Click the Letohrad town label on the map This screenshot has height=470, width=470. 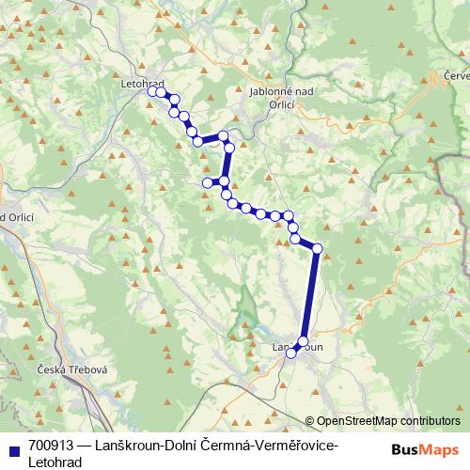[x=143, y=84]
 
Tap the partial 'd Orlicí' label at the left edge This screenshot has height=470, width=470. [x=17, y=217]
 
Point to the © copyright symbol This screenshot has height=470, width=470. [x=310, y=421]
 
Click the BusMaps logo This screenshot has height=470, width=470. [x=424, y=448]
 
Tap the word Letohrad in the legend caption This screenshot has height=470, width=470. [x=55, y=462]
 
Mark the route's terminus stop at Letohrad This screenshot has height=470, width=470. [x=152, y=91]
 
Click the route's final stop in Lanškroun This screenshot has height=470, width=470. [x=292, y=352]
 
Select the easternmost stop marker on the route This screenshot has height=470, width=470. [x=317, y=248]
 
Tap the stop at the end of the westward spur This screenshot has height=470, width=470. [x=208, y=182]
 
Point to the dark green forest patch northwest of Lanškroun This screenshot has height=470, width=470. [x=246, y=303]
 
